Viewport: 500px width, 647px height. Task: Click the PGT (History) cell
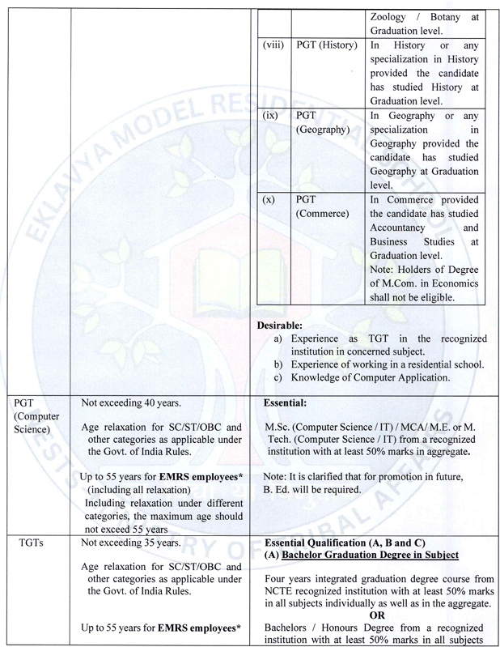[x=326, y=45]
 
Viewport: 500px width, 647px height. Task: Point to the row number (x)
[x=270, y=199]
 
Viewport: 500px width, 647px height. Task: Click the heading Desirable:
[x=280, y=325]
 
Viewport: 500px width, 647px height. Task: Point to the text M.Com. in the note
[x=399, y=282]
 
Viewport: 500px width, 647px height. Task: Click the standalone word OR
[x=380, y=613]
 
